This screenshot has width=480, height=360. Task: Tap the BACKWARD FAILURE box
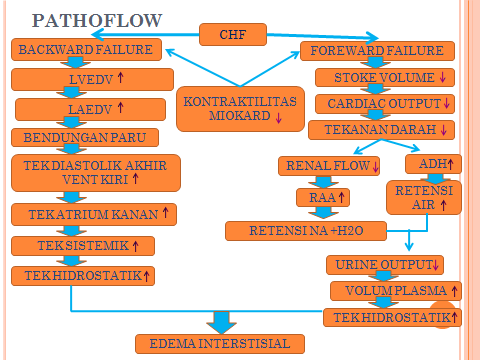[85, 49]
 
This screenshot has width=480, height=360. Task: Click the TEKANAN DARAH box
[383, 130]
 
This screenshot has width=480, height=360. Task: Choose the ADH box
[433, 163]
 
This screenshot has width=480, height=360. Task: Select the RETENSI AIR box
[423, 196]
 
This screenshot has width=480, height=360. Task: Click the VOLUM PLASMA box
[394, 291]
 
